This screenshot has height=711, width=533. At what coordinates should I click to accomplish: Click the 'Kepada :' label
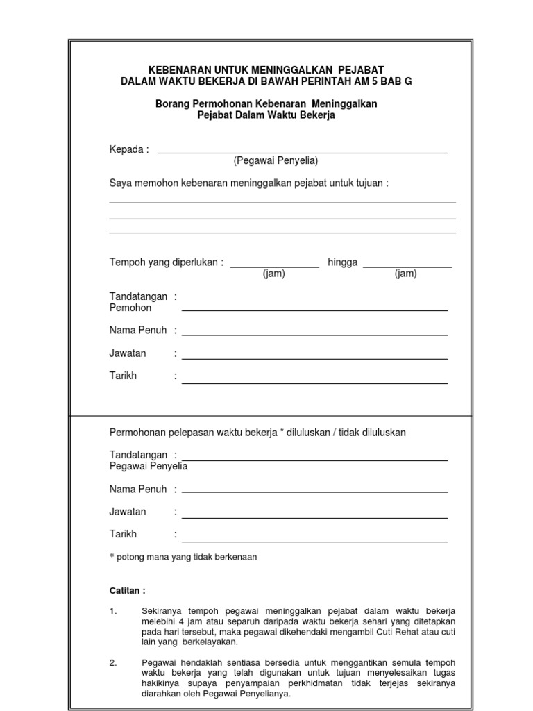click(x=129, y=149)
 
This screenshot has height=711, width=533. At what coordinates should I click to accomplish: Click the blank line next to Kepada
click(x=303, y=152)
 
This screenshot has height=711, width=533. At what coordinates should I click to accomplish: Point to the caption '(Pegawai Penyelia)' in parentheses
click(x=276, y=160)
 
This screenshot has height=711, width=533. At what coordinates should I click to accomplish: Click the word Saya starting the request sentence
click(x=120, y=183)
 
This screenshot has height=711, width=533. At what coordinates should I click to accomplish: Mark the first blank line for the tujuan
click(x=282, y=202)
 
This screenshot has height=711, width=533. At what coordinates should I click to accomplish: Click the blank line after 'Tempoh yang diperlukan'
click(x=274, y=266)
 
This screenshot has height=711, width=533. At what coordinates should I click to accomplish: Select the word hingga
click(x=342, y=262)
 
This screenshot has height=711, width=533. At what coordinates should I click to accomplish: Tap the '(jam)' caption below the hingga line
click(x=406, y=274)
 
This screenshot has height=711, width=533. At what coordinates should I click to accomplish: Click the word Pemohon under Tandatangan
click(x=130, y=308)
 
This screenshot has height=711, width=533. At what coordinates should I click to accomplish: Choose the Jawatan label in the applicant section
click(x=128, y=353)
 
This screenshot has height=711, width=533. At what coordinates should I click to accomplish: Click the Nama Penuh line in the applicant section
click(x=314, y=335)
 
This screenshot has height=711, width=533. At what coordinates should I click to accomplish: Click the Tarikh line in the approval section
click(x=314, y=541)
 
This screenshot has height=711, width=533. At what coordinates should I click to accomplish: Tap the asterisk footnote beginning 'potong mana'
click(x=183, y=557)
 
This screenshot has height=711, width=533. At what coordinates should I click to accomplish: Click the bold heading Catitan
click(x=128, y=590)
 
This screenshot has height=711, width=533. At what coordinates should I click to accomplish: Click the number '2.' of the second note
click(x=113, y=662)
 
